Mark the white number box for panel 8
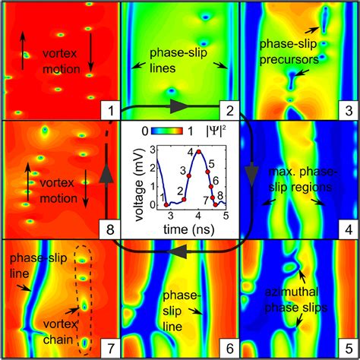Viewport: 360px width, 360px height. point(110,229)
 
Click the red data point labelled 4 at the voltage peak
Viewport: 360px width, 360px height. point(199,151)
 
